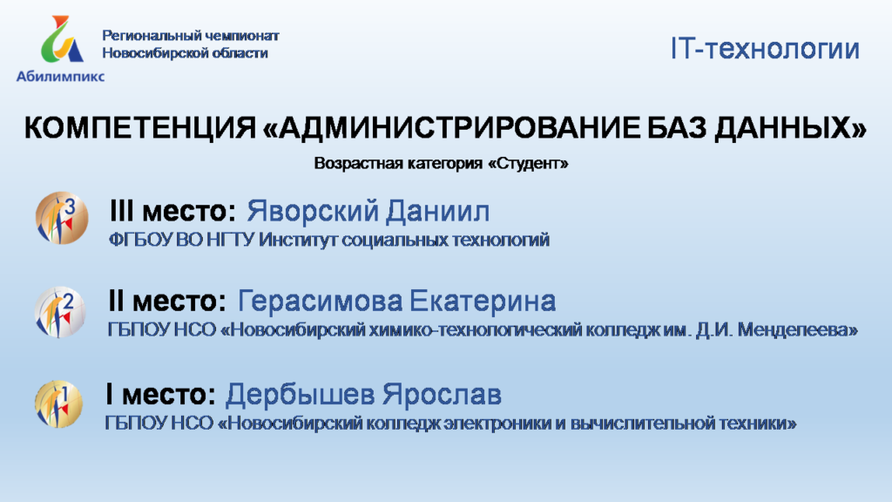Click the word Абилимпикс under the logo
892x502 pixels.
click(60, 77)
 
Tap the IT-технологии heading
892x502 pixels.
click(765, 49)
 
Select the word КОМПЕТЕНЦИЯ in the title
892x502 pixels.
click(140, 127)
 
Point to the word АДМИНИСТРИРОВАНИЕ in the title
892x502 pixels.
click(459, 127)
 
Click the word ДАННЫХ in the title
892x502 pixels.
click(783, 127)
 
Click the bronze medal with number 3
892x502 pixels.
click(62, 218)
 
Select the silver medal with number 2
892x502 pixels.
click(60, 312)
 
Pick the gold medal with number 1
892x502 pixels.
click(58, 404)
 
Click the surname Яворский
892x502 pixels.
click(311, 211)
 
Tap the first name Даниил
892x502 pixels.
click(437, 211)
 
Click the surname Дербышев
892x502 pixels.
click(300, 395)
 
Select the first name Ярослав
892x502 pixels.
click(442, 395)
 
